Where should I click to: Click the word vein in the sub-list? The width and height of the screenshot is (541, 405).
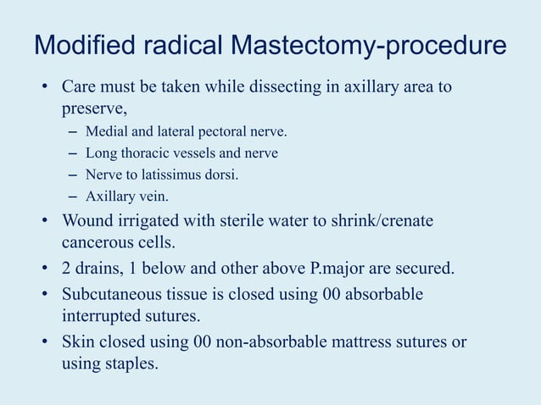[153, 196]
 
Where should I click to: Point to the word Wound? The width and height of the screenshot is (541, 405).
[86, 220]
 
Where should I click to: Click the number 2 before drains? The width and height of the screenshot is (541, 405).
[66, 269]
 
